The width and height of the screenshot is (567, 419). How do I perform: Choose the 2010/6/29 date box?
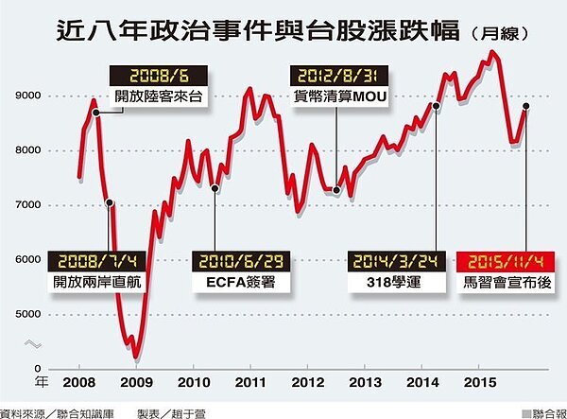pyautogui.click(x=240, y=260)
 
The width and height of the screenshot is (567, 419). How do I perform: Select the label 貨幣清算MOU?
pyautogui.click(x=336, y=96)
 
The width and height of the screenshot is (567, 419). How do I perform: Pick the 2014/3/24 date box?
pyautogui.click(x=390, y=260)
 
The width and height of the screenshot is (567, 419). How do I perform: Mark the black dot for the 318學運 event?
pyautogui.click(x=437, y=107)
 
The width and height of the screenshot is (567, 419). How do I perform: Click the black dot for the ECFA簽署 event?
pyautogui.click(x=215, y=188)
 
